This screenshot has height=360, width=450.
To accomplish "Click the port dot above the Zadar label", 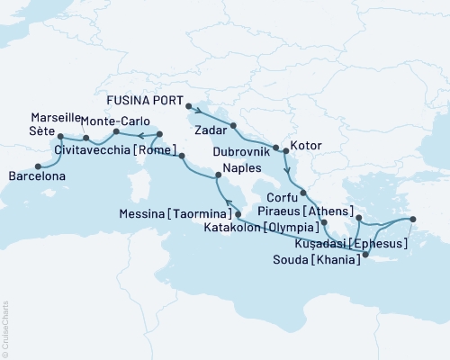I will click(x=233, y=126).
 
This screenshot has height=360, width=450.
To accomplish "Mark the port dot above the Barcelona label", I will click(x=38, y=166).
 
